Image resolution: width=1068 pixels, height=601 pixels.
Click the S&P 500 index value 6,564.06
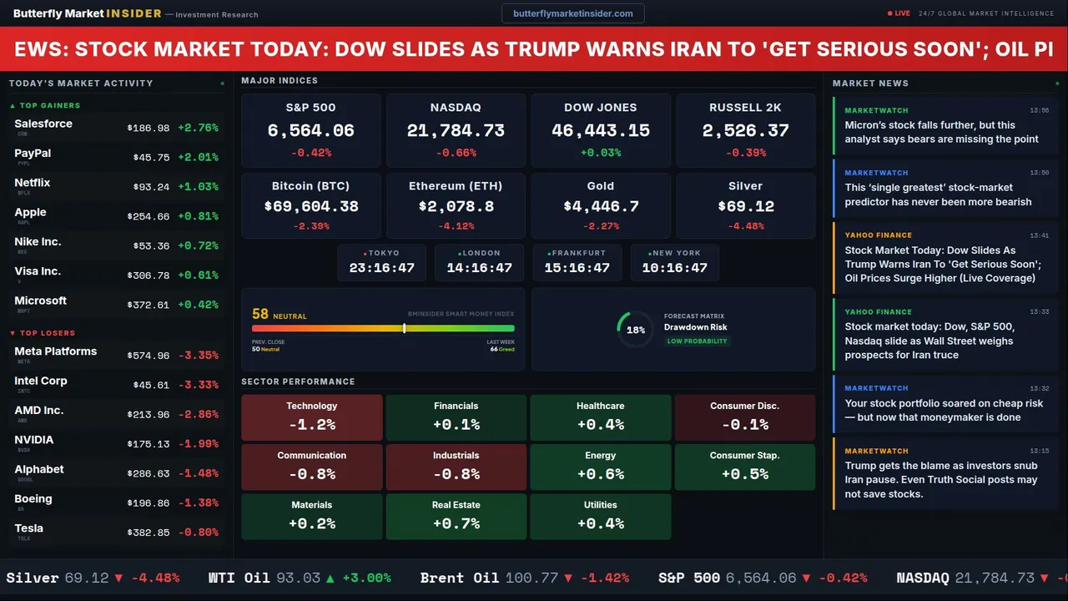tap(310, 130)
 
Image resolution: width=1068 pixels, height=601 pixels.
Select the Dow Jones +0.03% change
tap(601, 153)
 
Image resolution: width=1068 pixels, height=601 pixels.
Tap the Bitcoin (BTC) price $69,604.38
tap(310, 206)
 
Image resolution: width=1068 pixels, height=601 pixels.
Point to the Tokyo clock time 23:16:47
tap(382, 268)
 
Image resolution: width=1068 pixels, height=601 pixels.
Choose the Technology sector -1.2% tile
tap(311, 417)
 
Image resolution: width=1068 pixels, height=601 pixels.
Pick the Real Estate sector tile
tap(456, 517)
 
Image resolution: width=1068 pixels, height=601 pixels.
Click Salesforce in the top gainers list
tap(43, 124)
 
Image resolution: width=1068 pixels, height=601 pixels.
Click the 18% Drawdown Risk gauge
tap(635, 330)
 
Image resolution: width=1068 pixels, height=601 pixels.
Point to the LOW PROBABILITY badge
tap(697, 341)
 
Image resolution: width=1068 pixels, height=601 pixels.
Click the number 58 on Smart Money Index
tap(260, 315)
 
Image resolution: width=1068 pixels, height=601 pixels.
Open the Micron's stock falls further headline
tap(941, 132)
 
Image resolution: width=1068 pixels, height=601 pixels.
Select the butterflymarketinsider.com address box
tap(572, 13)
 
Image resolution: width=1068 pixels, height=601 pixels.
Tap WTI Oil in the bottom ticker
tap(239, 578)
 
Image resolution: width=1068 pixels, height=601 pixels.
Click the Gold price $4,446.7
tap(601, 206)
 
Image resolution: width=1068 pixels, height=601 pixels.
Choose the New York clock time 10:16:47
tap(674, 268)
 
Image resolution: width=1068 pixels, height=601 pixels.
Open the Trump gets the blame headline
tap(941, 480)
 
